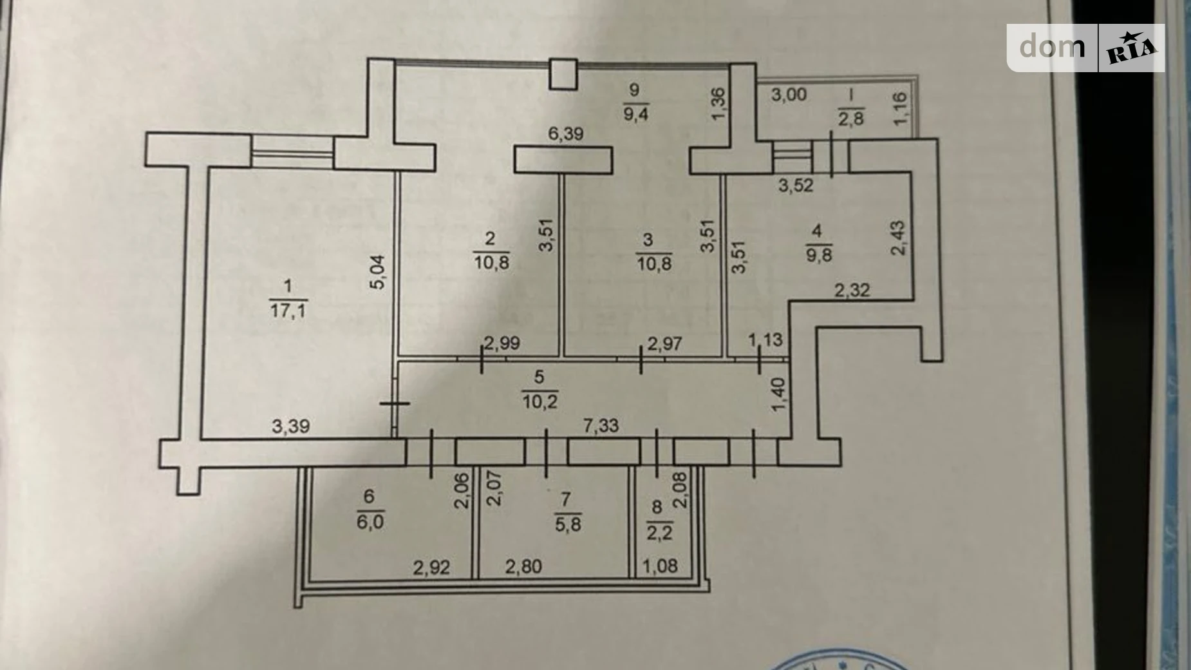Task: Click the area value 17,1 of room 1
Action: tap(288, 311)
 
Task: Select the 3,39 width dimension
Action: tap(290, 426)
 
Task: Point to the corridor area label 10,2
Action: tap(539, 402)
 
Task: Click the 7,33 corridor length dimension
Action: tap(600, 425)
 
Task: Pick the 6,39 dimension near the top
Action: tap(565, 133)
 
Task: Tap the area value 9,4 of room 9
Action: tap(635, 115)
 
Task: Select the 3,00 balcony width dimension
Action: tap(789, 95)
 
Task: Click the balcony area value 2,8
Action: tap(850, 119)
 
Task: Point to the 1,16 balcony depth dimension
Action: tap(900, 108)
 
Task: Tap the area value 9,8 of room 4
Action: tap(818, 255)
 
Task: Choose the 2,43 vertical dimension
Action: tap(897, 238)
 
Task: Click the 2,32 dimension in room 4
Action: tap(852, 291)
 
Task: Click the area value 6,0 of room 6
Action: tap(370, 521)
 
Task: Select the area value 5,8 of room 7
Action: tap(567, 524)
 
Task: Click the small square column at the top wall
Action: tap(564, 73)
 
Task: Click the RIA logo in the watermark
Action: tap(1131, 48)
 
